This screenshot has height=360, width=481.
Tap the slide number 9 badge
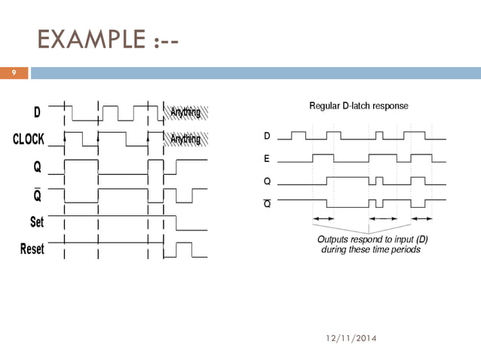[x=14, y=73]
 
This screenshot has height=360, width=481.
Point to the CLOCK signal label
[x=29, y=139]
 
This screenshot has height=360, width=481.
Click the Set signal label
[x=37, y=222]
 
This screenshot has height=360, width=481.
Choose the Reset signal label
[x=32, y=249]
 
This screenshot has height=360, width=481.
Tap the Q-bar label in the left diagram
[x=37, y=195]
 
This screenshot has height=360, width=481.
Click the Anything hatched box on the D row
[x=185, y=114]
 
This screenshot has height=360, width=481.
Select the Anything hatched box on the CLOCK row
[x=185, y=139]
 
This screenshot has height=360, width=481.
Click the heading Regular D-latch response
[x=359, y=106]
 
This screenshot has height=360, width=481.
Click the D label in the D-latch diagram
[x=267, y=137]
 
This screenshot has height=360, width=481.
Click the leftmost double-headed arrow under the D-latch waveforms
[x=323, y=218]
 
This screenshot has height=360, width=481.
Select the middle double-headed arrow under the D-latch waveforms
[x=382, y=218]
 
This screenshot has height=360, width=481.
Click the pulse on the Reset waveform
[x=183, y=249]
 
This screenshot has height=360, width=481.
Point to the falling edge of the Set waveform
[x=176, y=223]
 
